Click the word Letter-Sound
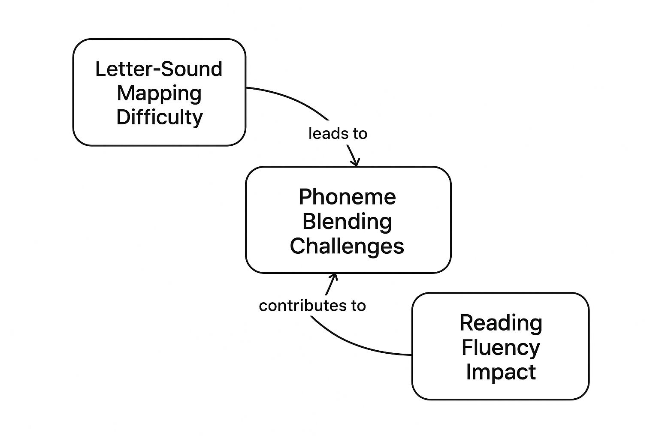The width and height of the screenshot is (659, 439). (x=159, y=69)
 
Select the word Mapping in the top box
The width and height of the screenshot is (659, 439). (x=159, y=93)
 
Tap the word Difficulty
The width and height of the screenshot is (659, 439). (x=159, y=117)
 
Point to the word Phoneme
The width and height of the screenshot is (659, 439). (x=347, y=197)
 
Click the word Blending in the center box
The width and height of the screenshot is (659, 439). (x=347, y=222)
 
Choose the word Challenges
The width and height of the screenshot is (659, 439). (x=347, y=246)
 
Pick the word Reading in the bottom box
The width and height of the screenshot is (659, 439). (x=501, y=323)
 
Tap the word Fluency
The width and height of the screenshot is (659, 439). (x=501, y=347)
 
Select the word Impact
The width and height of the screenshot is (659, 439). (x=501, y=372)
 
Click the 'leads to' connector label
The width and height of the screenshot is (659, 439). (x=338, y=134)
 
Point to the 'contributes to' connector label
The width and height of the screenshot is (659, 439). (x=312, y=306)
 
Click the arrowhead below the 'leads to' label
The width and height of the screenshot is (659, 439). (x=355, y=162)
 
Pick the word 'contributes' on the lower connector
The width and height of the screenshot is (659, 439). (x=299, y=306)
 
